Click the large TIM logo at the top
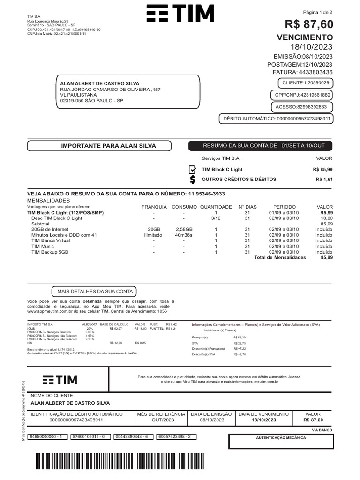(x=180, y=14)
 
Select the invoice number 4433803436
(x=316, y=72)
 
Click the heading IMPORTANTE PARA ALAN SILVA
(x=108, y=146)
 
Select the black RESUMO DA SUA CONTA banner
(x=261, y=146)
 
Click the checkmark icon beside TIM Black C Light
(x=192, y=170)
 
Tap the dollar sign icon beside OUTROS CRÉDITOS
(x=192, y=180)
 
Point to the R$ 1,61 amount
(x=324, y=180)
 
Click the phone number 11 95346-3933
(x=206, y=194)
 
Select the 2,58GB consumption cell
(x=184, y=229)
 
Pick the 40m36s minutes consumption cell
(x=184, y=235)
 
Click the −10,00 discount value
(x=325, y=218)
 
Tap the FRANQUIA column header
(x=154, y=207)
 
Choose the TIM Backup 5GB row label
(x=50, y=252)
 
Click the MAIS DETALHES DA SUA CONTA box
(x=95, y=291)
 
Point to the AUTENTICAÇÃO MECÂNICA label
(x=280, y=437)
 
